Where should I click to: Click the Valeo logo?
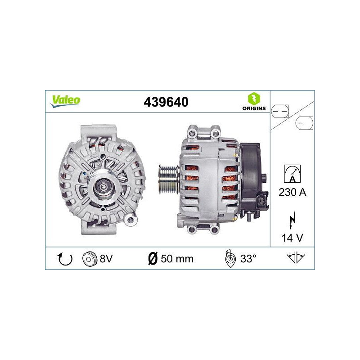(65, 101)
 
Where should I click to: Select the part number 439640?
(166, 102)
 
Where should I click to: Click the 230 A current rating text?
(292, 193)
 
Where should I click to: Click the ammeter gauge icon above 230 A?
(292, 173)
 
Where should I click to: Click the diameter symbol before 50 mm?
(153, 259)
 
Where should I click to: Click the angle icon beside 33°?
(229, 259)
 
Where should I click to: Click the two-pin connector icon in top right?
(281, 110)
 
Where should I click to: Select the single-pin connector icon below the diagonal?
(304, 123)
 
